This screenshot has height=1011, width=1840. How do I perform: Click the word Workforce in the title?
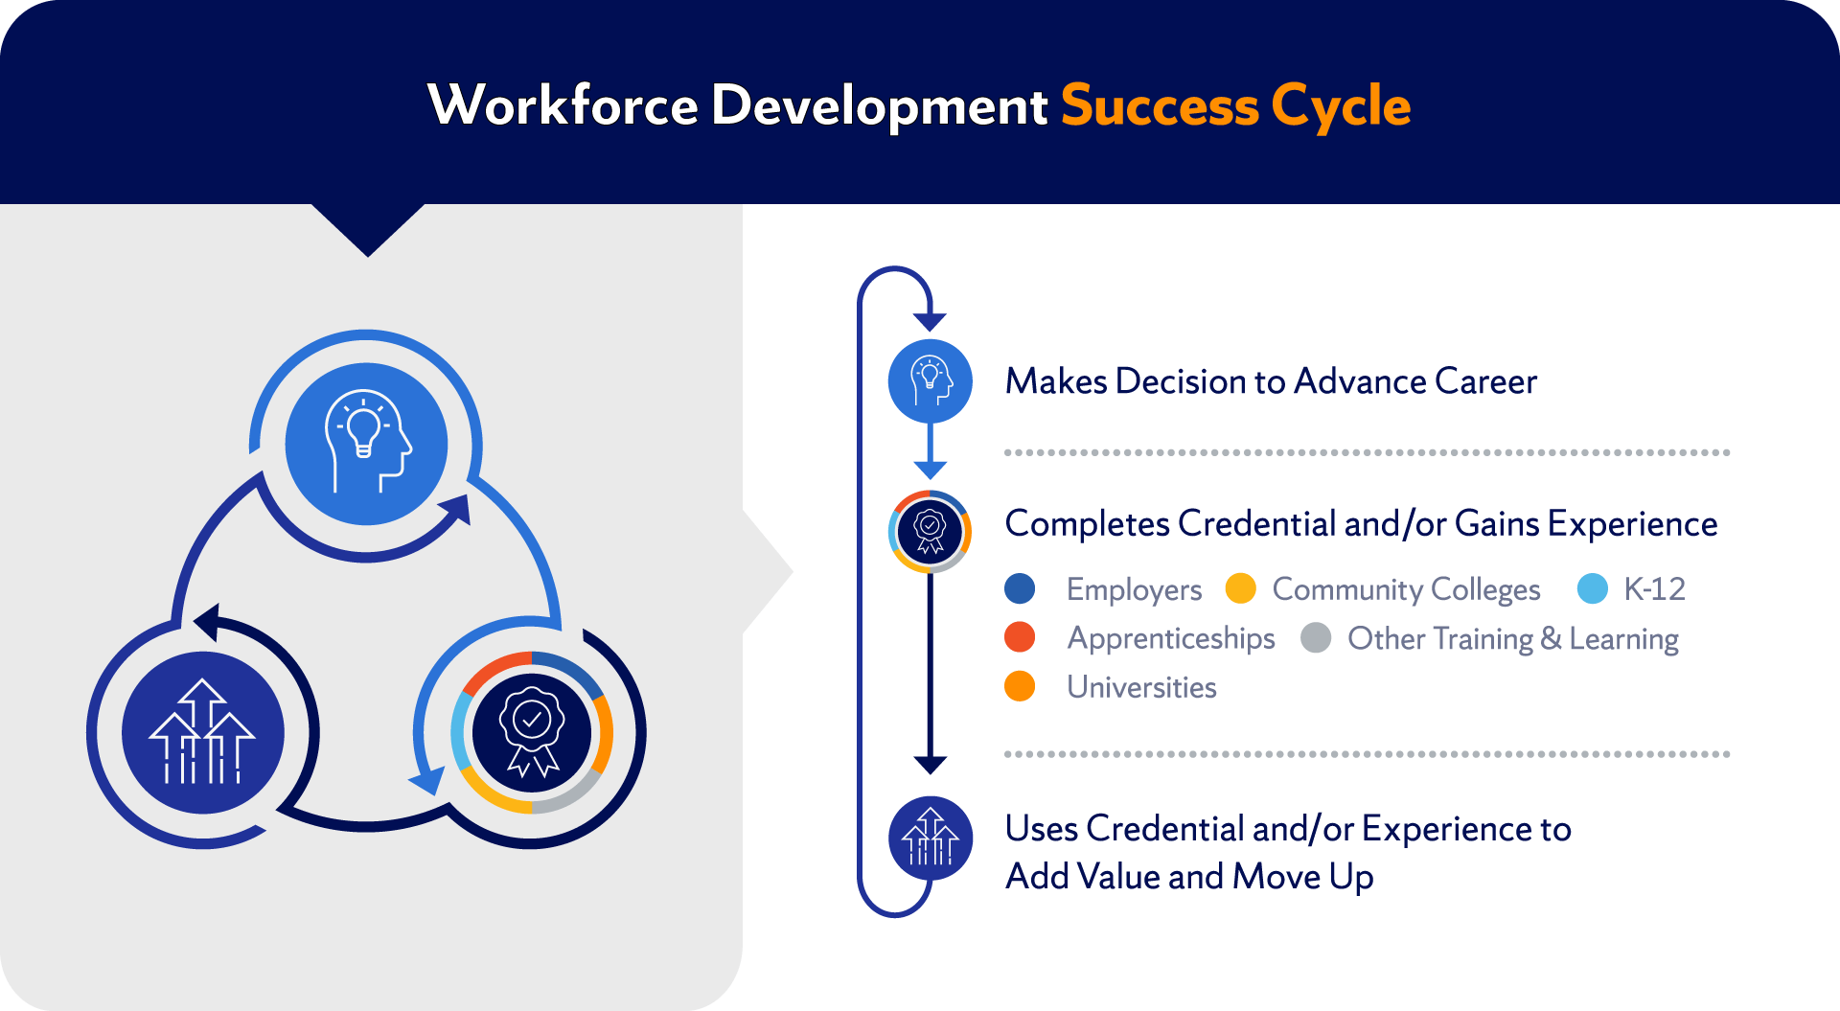pyautogui.click(x=563, y=104)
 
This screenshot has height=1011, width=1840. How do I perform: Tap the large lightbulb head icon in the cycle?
pyautogui.click(x=366, y=444)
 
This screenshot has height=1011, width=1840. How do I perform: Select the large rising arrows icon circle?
pyautogui.click(x=202, y=733)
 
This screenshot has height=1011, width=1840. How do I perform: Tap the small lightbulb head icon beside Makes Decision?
pyautogui.click(x=930, y=381)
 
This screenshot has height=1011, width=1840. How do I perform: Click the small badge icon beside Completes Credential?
pyautogui.click(x=930, y=531)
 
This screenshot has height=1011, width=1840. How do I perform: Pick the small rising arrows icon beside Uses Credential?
pyautogui.click(x=930, y=839)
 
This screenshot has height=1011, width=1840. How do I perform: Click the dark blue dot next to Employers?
pyautogui.click(x=1020, y=588)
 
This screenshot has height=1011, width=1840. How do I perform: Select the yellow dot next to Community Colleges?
pyautogui.click(x=1240, y=588)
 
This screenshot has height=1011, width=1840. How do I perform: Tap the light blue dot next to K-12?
pyautogui.click(x=1592, y=588)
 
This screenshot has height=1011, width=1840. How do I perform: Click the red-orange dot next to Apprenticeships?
pyautogui.click(x=1020, y=637)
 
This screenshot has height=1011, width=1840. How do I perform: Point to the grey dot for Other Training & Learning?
pyautogui.click(x=1316, y=637)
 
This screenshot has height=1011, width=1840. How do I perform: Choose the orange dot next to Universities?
pyautogui.click(x=1020, y=686)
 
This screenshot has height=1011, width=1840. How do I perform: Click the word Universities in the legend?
pyautogui.click(x=1141, y=687)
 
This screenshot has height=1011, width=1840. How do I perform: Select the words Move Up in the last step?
pyautogui.click(x=1302, y=877)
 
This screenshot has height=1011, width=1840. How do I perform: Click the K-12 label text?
pyautogui.click(x=1654, y=588)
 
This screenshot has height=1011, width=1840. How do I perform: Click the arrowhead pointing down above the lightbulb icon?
pyautogui.click(x=930, y=322)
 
